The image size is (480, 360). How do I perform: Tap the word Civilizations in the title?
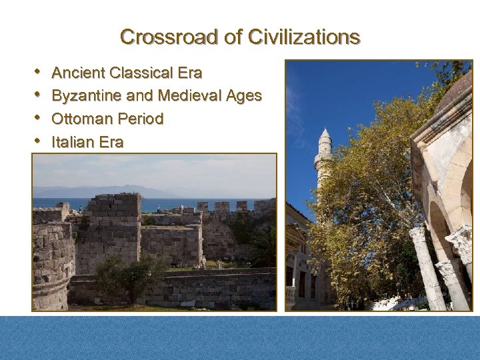[x=303, y=37]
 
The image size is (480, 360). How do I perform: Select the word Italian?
[x=72, y=142]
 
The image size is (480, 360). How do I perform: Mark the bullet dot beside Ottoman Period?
[x=38, y=118]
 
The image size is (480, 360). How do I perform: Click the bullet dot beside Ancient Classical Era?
[x=38, y=71]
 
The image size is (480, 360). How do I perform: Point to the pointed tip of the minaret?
[x=324, y=130]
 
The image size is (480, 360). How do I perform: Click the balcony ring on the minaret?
[x=323, y=160]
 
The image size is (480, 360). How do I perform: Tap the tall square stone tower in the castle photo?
[x=114, y=230]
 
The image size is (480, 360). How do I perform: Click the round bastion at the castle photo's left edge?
[x=50, y=267]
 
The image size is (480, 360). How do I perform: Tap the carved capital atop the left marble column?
[x=418, y=234]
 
